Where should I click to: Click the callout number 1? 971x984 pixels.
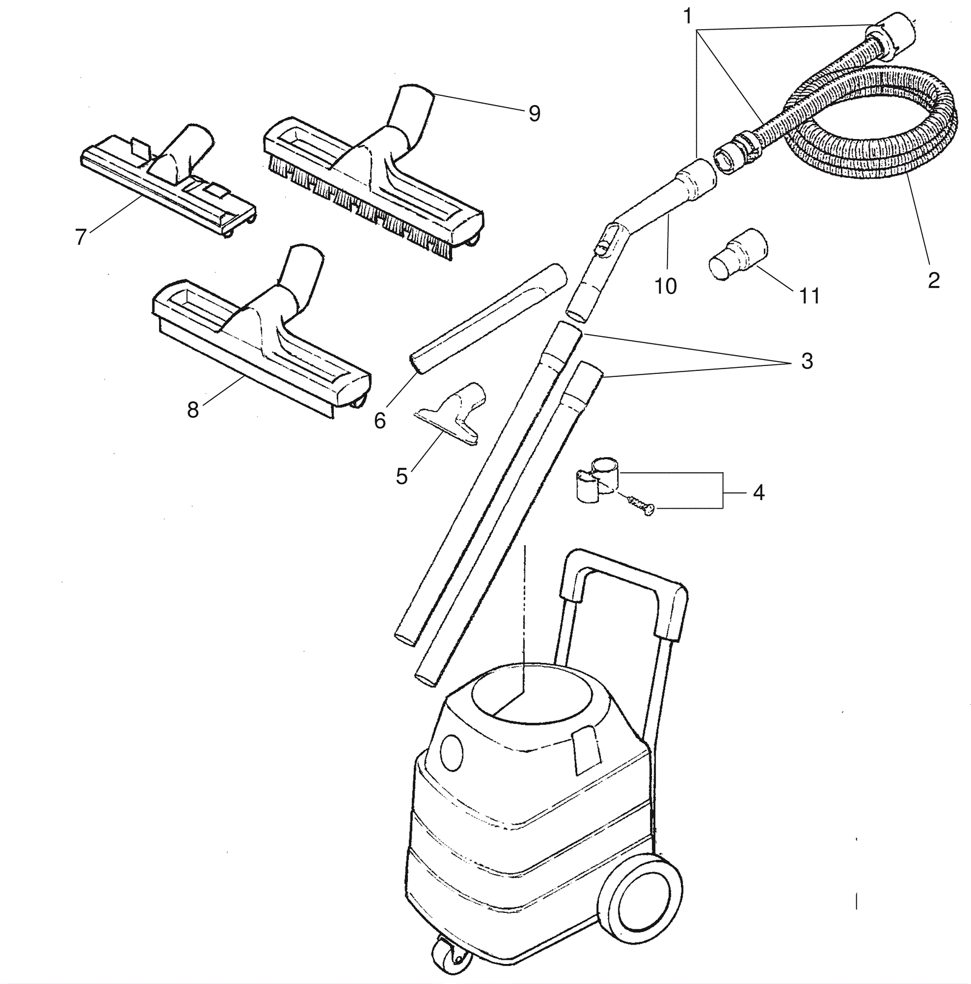[x=687, y=16]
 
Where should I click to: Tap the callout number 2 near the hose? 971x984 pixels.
[x=933, y=280]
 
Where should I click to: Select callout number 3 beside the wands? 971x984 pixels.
[x=807, y=361]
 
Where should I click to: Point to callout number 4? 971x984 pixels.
[x=759, y=492]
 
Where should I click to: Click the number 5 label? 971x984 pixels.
[x=401, y=477]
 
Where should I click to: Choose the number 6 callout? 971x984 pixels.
[x=380, y=421]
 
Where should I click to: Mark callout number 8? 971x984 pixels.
[x=193, y=410]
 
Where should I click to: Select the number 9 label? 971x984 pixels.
[x=534, y=114]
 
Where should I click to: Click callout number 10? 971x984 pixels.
[x=665, y=286]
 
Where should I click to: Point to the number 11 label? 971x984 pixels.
[x=809, y=296]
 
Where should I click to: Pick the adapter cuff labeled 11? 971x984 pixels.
[x=738, y=254]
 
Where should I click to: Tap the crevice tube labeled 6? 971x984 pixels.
[x=489, y=319]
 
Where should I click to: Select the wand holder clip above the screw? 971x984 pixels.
[x=597, y=479]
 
